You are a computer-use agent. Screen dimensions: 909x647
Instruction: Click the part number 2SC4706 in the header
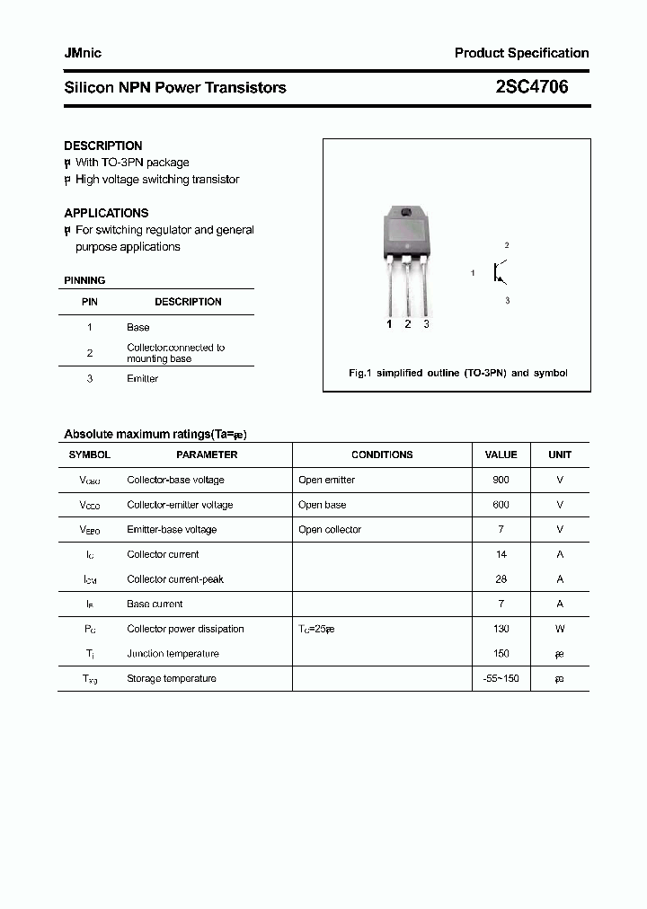pos(531,87)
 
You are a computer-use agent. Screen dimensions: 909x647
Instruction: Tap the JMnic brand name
pos(83,53)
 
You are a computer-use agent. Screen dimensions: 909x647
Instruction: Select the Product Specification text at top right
pos(521,53)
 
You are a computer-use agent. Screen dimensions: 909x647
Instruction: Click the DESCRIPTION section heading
pos(103,146)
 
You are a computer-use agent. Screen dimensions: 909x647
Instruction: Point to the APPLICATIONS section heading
pos(106,213)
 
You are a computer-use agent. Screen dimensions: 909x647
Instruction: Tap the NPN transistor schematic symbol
pos(498,272)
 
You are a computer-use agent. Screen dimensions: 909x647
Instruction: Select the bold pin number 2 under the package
pos(408,324)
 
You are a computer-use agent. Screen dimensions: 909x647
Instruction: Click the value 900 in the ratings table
pos(501,480)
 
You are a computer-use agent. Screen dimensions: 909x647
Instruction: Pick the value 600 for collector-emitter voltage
pos(501,505)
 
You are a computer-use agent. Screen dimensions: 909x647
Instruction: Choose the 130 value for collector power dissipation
pos(501,629)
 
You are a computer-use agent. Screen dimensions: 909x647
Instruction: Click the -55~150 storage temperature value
pos(501,678)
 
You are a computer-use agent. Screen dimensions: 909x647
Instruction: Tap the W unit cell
pos(560,629)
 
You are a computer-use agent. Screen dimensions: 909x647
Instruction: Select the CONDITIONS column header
pos(382,454)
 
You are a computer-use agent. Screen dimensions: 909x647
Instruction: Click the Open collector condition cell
pos(330,529)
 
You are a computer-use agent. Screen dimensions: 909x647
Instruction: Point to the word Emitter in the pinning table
pos(142,378)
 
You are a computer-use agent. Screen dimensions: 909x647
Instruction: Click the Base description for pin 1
pos(138,327)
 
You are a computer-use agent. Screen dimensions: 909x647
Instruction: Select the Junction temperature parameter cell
pos(173,653)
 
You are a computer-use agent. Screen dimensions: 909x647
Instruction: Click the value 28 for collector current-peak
pos(501,579)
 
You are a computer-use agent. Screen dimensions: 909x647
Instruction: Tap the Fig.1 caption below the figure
pos(457,373)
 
